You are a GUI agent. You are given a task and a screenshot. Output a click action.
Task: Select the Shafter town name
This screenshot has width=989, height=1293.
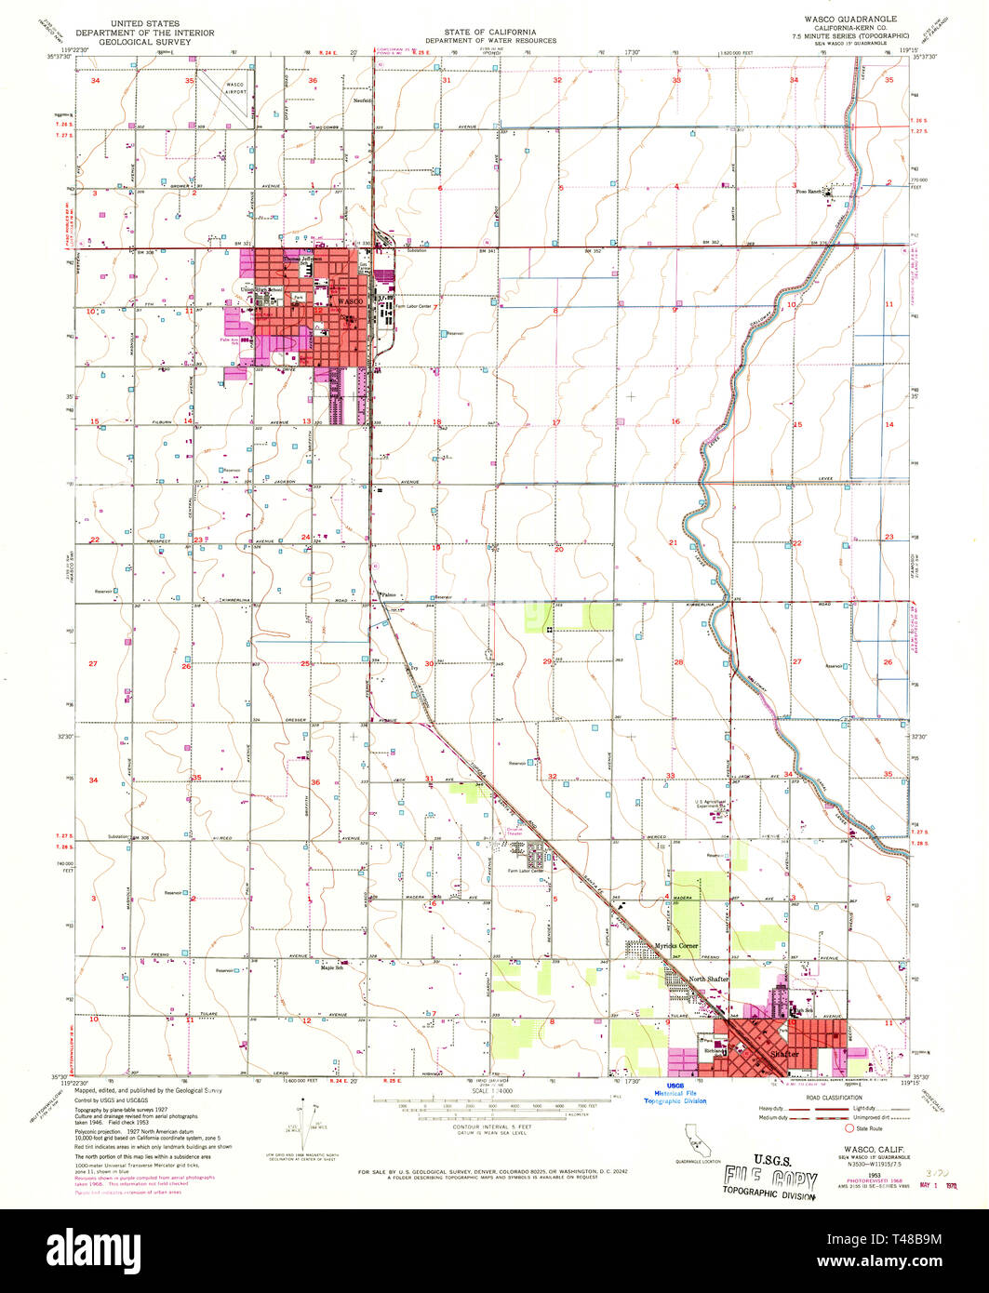pyautogui.click(x=784, y=1054)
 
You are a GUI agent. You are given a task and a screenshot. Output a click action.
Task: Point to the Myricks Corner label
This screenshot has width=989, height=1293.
pyautogui.click(x=675, y=946)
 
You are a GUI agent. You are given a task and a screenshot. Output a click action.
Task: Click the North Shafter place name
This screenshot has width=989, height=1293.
pyautogui.click(x=708, y=979)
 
